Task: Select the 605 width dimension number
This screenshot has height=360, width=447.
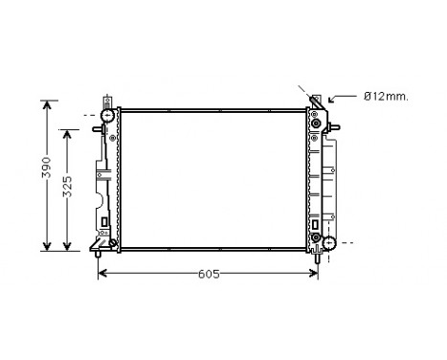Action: click(x=208, y=275)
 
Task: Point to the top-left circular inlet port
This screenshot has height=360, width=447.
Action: click(x=107, y=117)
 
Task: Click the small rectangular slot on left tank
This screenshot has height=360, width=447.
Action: click(x=104, y=223)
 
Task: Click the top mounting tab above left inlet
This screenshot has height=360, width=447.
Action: click(x=107, y=100)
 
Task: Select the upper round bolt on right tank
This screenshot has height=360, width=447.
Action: click(x=315, y=123)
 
